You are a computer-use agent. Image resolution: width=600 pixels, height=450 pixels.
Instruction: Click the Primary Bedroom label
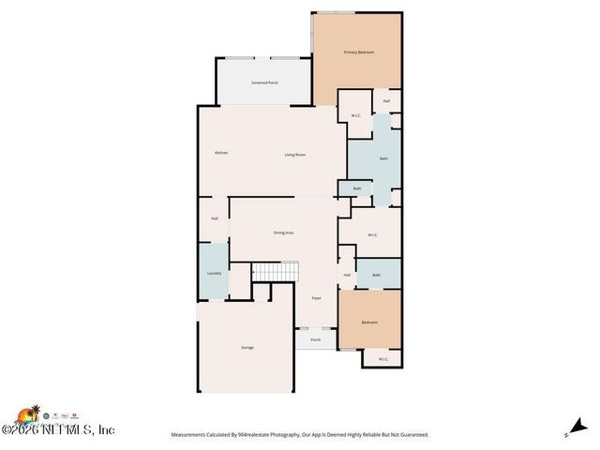(358, 52)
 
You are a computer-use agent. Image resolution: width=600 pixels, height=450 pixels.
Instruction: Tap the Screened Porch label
(264, 83)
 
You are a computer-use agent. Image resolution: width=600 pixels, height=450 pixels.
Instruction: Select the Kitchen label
(221, 153)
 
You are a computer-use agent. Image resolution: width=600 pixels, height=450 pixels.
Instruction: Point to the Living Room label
(295, 155)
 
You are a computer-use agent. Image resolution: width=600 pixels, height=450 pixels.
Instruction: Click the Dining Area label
(283, 232)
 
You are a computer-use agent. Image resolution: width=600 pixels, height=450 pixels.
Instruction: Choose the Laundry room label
(213, 274)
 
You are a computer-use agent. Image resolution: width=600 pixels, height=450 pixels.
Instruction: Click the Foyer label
(317, 298)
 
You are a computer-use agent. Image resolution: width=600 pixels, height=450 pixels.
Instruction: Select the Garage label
(247, 347)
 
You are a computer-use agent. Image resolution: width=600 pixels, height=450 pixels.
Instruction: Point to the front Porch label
(316, 339)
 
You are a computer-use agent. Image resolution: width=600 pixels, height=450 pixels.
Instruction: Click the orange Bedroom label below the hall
(369, 322)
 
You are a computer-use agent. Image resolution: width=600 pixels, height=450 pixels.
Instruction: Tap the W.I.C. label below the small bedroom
(382, 359)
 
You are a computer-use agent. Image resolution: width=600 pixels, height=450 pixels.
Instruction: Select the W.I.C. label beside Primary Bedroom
(355, 115)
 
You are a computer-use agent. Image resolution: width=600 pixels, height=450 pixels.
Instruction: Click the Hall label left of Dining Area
(215, 218)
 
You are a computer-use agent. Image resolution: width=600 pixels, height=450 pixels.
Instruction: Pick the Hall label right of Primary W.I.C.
(386, 101)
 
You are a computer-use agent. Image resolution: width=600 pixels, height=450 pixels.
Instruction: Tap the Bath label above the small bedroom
(376, 275)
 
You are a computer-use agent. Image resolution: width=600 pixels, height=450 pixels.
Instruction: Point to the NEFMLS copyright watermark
(58, 429)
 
